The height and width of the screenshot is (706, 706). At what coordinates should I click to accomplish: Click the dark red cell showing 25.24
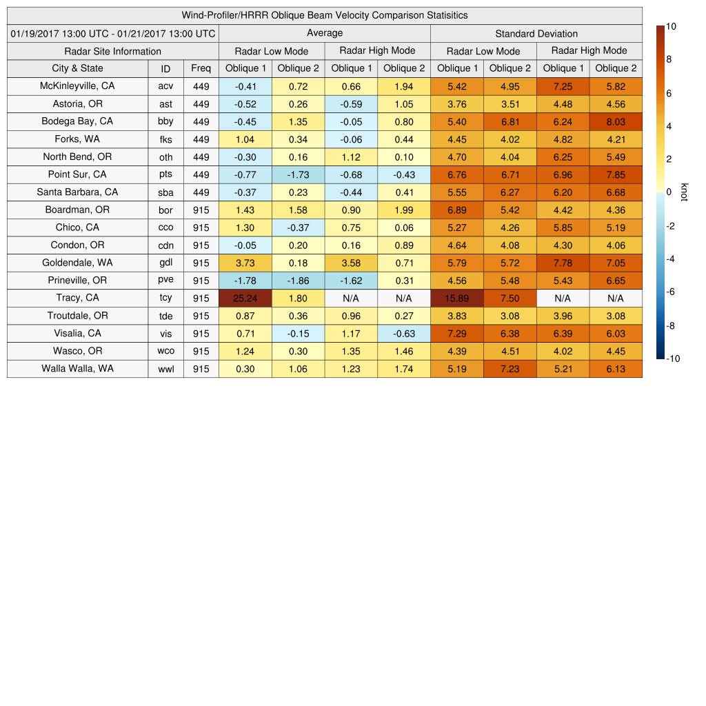click(245, 298)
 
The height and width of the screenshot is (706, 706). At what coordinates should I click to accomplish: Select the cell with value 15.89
click(456, 298)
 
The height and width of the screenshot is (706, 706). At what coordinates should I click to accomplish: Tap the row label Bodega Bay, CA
click(77, 121)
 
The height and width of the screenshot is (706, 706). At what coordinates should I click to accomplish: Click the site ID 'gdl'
click(165, 263)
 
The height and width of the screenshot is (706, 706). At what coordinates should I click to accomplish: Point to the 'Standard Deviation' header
click(536, 34)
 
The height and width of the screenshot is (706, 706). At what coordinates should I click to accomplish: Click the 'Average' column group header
click(324, 33)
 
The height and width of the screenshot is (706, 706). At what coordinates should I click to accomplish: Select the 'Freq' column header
click(201, 68)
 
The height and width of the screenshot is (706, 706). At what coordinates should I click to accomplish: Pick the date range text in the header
click(113, 34)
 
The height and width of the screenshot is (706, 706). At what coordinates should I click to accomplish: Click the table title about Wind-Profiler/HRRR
click(325, 15)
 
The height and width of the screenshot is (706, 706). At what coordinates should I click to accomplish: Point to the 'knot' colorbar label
click(684, 192)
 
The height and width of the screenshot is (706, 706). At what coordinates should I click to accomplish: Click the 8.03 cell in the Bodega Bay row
click(616, 121)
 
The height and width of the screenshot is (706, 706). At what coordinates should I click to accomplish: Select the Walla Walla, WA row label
click(77, 369)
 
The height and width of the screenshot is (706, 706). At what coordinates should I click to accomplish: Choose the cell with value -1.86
click(298, 281)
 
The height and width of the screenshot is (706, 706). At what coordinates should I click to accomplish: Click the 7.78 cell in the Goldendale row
click(563, 263)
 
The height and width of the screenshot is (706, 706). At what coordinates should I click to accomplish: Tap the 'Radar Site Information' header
click(112, 51)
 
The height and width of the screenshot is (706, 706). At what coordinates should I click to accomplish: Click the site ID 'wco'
click(165, 351)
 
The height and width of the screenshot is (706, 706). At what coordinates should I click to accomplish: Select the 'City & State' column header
click(77, 68)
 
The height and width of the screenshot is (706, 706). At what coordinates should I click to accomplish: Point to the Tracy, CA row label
click(77, 298)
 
